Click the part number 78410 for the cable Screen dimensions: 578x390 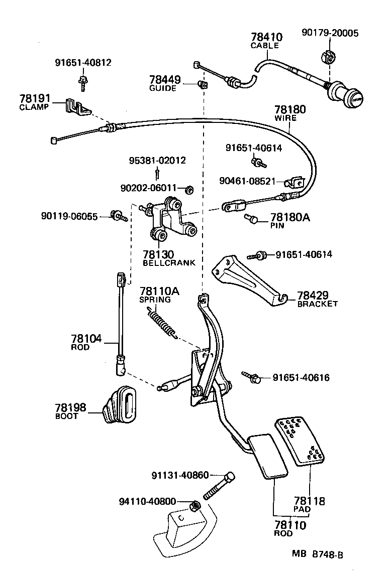point(266,37)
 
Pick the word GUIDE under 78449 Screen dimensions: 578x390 point(163,88)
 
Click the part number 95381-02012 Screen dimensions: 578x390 point(157,161)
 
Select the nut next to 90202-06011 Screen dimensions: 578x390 point(190,189)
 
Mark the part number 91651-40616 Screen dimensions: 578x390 point(301,377)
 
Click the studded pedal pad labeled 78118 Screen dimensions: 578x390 point(300,440)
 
